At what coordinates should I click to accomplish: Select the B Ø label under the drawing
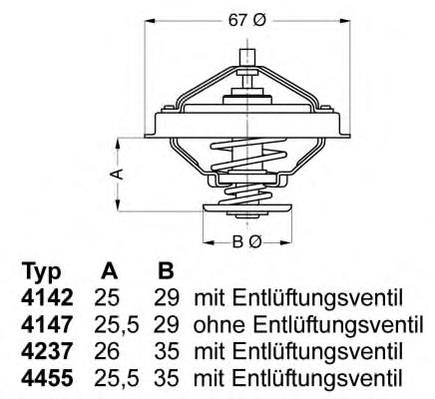tap(246, 241)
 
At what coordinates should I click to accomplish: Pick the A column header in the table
tap(110, 272)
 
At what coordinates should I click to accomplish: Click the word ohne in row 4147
tap(215, 325)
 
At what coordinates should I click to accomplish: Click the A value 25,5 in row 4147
tap(114, 325)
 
